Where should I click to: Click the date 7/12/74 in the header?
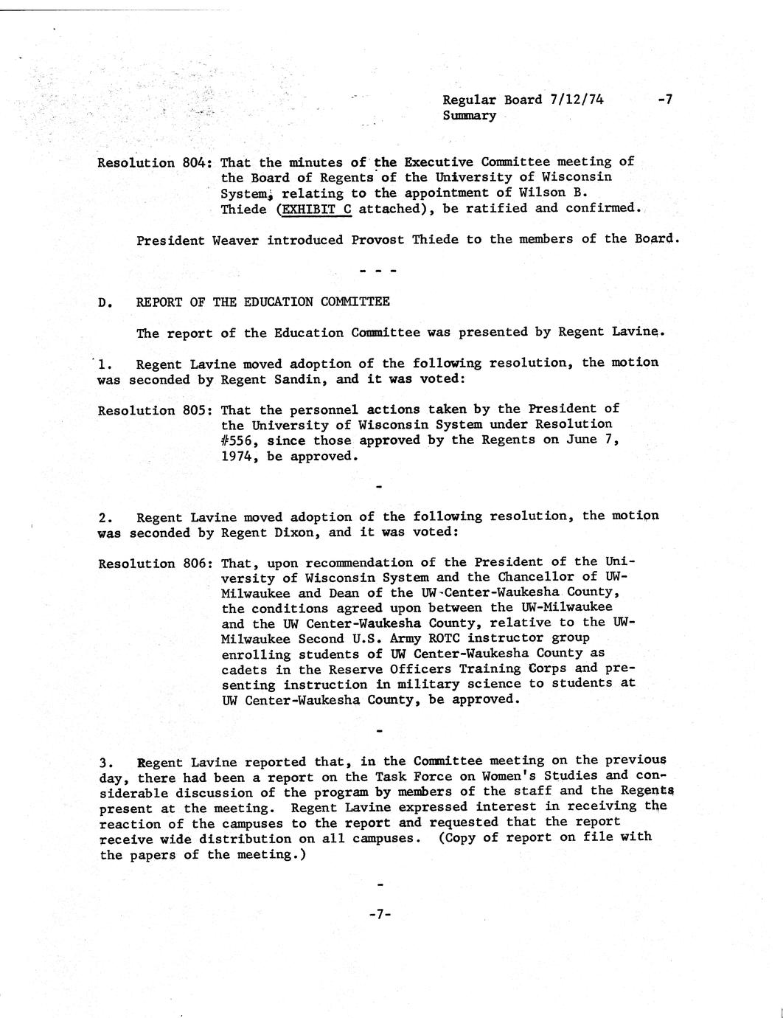coord(576,100)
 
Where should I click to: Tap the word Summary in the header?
coord(469,116)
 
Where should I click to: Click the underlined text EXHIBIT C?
coord(317,209)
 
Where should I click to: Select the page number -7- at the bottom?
coord(379,915)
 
